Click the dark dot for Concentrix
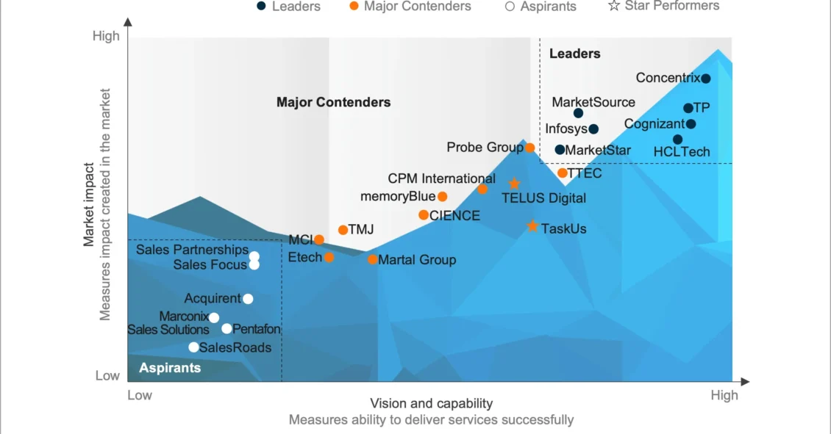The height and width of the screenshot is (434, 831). pyautogui.click(x=705, y=79)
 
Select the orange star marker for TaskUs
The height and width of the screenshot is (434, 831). pyautogui.click(x=532, y=227)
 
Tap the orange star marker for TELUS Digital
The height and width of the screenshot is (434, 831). pyautogui.click(x=514, y=184)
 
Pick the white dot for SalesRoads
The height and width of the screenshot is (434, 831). pyautogui.click(x=193, y=347)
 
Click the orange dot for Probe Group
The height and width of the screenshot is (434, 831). pyautogui.click(x=529, y=148)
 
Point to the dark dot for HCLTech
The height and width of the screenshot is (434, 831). pyautogui.click(x=677, y=140)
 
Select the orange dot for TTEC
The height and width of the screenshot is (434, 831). pyautogui.click(x=563, y=173)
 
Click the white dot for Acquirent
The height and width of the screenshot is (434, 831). pyautogui.click(x=248, y=299)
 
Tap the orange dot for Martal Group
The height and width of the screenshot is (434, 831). pyautogui.click(x=373, y=260)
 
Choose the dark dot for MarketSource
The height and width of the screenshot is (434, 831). pyautogui.click(x=578, y=113)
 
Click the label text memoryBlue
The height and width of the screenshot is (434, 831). pyautogui.click(x=398, y=197)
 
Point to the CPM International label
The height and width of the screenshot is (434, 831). pyautogui.click(x=441, y=178)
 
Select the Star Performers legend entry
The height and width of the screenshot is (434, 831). pyautogui.click(x=663, y=6)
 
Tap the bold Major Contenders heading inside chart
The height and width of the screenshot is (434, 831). pyautogui.click(x=333, y=102)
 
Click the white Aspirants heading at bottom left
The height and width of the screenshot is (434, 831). pyautogui.click(x=170, y=368)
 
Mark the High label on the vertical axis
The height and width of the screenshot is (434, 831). pyautogui.click(x=106, y=36)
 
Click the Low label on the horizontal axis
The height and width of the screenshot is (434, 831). pyautogui.click(x=140, y=396)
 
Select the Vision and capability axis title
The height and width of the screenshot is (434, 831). pyautogui.click(x=431, y=403)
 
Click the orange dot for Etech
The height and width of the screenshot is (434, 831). pyautogui.click(x=329, y=257)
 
